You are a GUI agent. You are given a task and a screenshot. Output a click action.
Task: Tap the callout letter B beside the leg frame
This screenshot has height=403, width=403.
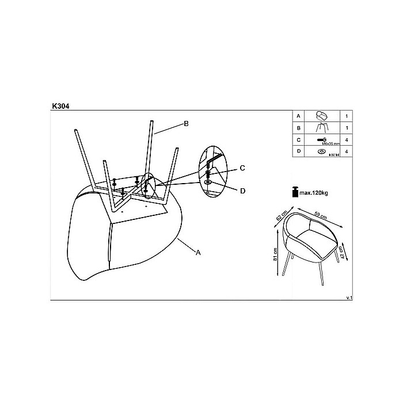coord(186,123)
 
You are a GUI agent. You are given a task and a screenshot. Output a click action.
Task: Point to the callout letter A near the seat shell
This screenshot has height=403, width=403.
coord(199,252)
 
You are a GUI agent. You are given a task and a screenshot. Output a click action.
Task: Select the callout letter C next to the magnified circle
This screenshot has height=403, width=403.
coord(242,168)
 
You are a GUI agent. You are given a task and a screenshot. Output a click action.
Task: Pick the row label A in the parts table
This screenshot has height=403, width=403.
coord(298,116)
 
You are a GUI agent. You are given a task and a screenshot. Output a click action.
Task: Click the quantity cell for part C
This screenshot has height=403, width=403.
coord(346,140)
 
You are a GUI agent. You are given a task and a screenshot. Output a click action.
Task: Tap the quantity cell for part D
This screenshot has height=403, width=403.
coord(346,152)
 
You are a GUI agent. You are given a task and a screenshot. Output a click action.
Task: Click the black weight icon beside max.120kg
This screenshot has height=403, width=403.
coord(295,191)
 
